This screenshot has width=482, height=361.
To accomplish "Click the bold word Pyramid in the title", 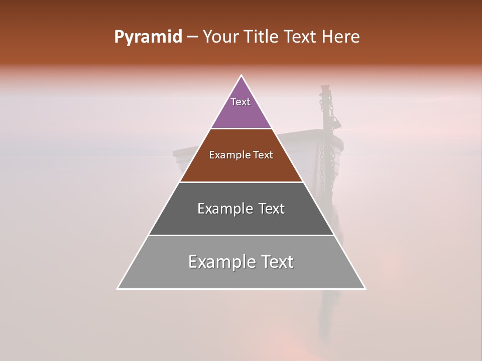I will (x=148, y=37).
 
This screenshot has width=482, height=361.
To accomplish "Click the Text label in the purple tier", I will (x=240, y=102).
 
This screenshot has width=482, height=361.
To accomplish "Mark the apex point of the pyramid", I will (x=242, y=76).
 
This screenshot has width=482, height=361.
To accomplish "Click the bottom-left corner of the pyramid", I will (x=118, y=288).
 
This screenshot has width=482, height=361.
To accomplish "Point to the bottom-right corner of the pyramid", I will (x=365, y=288).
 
